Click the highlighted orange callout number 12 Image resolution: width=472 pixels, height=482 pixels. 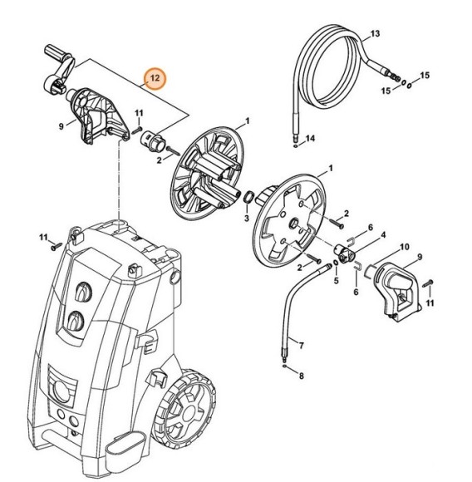[x=154, y=79]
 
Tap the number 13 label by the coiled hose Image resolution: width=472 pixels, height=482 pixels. [x=375, y=33]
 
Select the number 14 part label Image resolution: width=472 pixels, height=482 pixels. [x=311, y=137]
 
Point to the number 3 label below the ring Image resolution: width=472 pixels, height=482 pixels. [x=246, y=218]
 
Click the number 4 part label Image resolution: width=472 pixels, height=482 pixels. [x=382, y=235]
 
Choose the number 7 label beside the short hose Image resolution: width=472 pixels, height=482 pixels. [x=301, y=344]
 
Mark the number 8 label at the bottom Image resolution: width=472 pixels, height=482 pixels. [x=301, y=376]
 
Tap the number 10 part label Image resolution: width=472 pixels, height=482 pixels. [x=405, y=248]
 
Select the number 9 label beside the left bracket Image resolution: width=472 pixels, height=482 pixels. [x=61, y=126]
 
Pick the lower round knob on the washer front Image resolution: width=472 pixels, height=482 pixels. [x=75, y=321]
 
